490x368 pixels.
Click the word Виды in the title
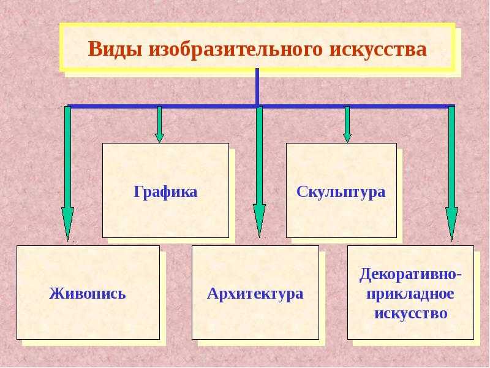click(x=115, y=50)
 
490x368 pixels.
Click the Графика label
click(x=165, y=192)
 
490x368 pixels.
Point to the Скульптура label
click(x=341, y=191)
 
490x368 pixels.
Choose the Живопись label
click(x=88, y=294)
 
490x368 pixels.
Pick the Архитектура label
click(x=255, y=294)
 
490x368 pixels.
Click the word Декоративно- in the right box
click(x=410, y=275)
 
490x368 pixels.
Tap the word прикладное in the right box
click(x=410, y=294)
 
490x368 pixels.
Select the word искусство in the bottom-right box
click(x=411, y=313)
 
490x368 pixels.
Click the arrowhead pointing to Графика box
click(x=159, y=138)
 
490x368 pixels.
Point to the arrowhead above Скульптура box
click(x=347, y=138)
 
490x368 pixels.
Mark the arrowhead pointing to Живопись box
click(x=67, y=224)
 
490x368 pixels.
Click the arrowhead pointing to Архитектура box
click(x=259, y=221)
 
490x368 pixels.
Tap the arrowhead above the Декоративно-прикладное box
click(x=451, y=224)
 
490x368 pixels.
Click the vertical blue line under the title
click(x=257, y=86)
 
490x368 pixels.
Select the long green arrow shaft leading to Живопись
click(x=67, y=157)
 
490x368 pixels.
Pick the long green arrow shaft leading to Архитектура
click(x=259, y=156)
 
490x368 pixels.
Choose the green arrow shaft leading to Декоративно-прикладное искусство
click(x=451, y=157)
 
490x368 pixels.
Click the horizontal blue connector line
click(x=262, y=106)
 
